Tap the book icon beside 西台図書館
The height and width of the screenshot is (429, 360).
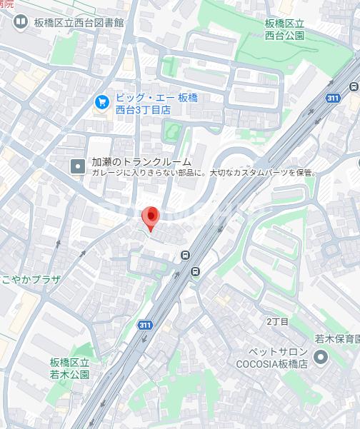pyautogui.click(x=21, y=22)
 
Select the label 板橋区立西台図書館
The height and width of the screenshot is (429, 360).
pyautogui.click(x=79, y=22)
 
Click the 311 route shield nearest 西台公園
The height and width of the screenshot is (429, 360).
pyautogui.click(x=333, y=99)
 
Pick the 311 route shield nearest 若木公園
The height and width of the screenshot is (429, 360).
pyautogui.click(x=145, y=325)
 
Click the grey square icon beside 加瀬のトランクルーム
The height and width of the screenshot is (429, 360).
pyautogui.click(x=77, y=166)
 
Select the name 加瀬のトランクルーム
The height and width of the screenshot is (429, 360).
pyautogui.click(x=141, y=162)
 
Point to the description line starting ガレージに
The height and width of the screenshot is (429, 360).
pyautogui.click(x=203, y=173)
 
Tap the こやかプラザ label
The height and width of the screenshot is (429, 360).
pyautogui.click(x=30, y=278)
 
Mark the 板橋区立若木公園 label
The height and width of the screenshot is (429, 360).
pyautogui.click(x=70, y=368)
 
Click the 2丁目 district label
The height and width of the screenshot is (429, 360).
pyautogui.click(x=277, y=321)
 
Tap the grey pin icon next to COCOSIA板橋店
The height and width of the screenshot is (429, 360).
pyautogui.click(x=321, y=357)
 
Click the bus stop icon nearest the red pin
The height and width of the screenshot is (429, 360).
pyautogui.click(x=186, y=256)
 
